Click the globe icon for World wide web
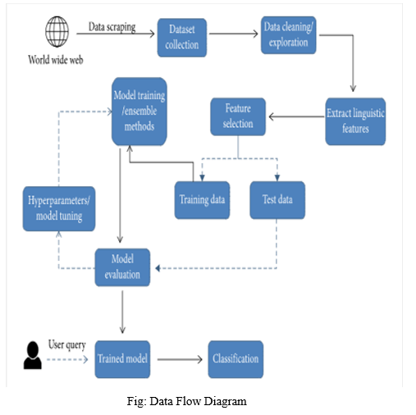point(57,31)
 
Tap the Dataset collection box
point(182,38)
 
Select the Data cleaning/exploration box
point(289,35)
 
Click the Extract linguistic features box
point(355,121)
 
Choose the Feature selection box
point(238,116)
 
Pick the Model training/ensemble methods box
point(139,112)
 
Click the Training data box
point(202,200)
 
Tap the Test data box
point(277,200)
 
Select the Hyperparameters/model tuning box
point(59,208)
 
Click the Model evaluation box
point(122,267)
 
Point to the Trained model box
point(122,359)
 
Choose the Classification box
point(235,359)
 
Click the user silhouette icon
point(33,355)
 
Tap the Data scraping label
point(112,27)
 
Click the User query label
point(67,344)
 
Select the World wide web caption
point(56,60)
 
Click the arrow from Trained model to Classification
point(180,359)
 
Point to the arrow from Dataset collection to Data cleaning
point(234,34)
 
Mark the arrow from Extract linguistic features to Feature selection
point(296,116)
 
